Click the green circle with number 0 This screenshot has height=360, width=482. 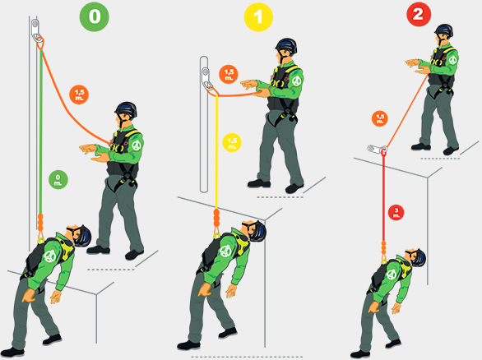tap(94, 16)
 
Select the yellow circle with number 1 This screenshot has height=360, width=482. tap(258, 17)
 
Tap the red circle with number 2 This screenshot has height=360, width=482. tap(419, 14)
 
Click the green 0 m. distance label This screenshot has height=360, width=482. tap(58, 180)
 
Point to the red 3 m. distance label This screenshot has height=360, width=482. tap(396, 212)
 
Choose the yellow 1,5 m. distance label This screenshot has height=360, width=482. tap(232, 142)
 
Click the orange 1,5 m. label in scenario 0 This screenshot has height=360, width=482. tap(79, 95)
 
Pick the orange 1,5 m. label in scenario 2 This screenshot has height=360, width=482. tap(380, 118)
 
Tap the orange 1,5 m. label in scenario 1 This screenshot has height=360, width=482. tap(229, 74)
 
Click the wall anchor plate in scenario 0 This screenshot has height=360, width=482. tap(35, 30)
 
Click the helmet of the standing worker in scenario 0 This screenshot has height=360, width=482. tap(126, 109)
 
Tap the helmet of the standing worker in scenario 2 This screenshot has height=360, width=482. tap(444, 30)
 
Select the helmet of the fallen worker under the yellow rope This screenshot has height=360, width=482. tap(257, 231)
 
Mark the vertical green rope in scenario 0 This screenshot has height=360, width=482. tap(40, 132)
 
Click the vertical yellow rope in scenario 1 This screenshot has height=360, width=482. tap(216, 152)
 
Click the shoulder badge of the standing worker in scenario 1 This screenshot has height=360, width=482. tap(296, 81)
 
